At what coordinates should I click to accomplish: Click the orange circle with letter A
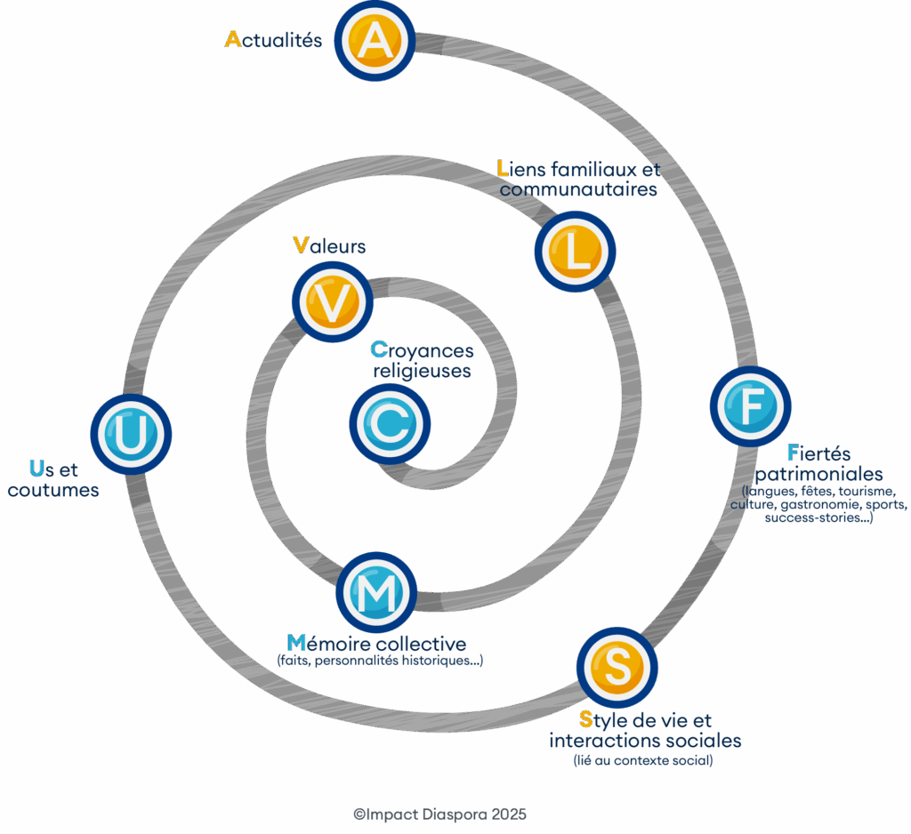point(375,41)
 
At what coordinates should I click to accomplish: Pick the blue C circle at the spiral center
point(390,423)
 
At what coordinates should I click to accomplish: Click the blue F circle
point(750,406)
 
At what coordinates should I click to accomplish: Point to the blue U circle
point(131,434)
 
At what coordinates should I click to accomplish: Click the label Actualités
point(274,40)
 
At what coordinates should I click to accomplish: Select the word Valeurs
point(329,245)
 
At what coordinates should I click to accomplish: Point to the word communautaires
point(578,189)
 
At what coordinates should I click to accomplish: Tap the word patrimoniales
point(818,474)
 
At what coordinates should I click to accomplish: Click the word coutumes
point(53,490)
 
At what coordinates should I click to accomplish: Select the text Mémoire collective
point(376,643)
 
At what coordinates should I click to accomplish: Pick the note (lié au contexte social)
point(643,761)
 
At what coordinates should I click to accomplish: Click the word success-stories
point(814,517)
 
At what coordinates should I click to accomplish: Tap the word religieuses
point(422,371)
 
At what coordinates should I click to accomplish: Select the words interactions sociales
point(645,741)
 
